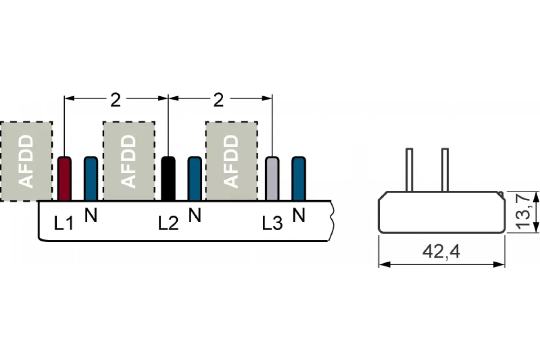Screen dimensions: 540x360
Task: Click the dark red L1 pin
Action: (64, 179)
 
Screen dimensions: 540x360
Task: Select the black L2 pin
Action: (168, 179)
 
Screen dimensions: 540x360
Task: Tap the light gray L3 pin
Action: (272, 179)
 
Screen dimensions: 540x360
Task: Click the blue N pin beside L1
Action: (91, 179)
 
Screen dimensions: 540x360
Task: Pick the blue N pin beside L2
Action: (195, 179)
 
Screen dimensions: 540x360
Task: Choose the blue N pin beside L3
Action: (299, 179)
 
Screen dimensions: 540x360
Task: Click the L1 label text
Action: (63, 223)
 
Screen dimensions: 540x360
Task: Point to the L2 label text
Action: (168, 223)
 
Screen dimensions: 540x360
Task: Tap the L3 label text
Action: (272, 223)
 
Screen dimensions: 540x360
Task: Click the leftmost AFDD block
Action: (26, 161)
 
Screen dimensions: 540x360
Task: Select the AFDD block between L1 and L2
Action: (129, 161)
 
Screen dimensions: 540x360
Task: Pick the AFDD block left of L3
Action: (232, 161)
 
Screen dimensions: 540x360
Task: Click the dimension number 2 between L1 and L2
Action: (116, 100)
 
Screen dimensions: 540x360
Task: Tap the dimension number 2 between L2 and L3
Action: (219, 100)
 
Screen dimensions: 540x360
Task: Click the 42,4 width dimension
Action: (441, 252)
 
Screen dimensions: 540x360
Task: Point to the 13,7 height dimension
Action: (522, 212)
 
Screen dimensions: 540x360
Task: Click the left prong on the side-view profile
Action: (409, 170)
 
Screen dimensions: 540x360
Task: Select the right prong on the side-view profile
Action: (445, 170)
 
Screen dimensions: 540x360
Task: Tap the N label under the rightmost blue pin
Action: (299, 215)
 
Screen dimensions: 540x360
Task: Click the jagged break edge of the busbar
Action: (332, 220)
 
